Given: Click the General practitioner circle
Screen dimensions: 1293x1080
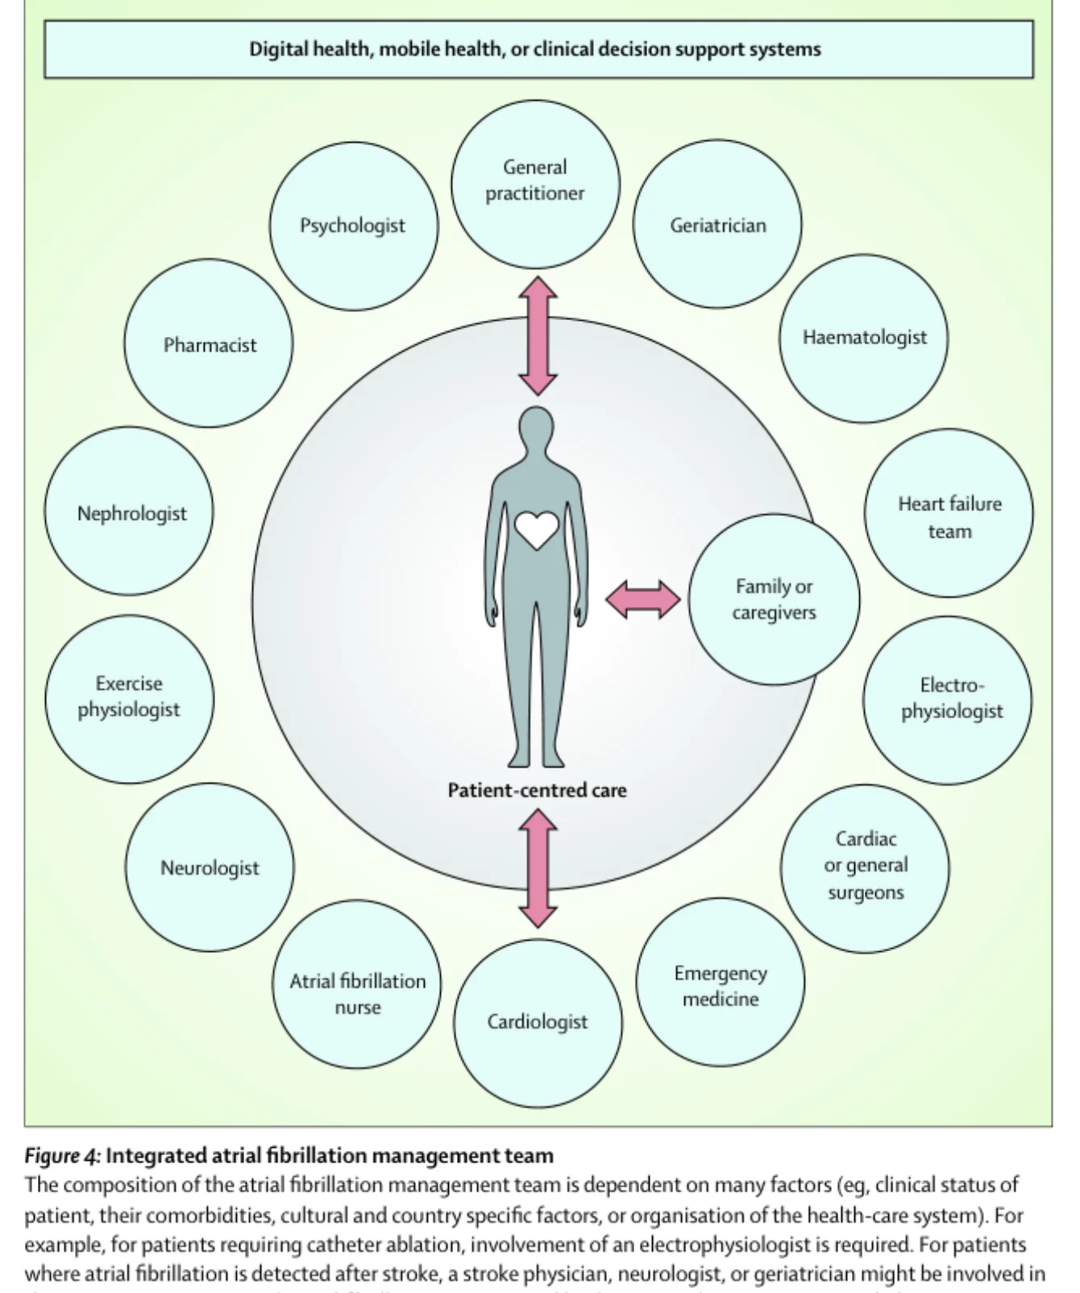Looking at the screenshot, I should (535, 184).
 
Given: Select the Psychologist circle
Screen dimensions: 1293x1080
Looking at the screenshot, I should (354, 226).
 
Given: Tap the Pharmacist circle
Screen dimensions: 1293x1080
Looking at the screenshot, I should (209, 343).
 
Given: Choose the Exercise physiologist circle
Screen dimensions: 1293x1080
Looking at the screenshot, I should (130, 699).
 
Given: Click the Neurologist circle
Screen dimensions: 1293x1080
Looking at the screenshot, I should (210, 867).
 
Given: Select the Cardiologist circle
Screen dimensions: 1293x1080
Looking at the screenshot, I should (538, 1023).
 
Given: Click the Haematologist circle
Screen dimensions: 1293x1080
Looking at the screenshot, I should (864, 339).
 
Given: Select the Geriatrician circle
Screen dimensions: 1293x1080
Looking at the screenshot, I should (717, 224).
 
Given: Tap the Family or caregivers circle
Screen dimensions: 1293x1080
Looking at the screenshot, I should (774, 600).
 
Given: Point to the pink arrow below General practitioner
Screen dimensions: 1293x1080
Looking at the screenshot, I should (538, 336).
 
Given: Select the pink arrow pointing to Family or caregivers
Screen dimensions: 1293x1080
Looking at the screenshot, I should (642, 600).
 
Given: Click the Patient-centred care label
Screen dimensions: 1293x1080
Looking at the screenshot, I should (537, 790).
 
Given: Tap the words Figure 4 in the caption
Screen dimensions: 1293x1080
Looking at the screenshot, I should (61, 1156).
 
